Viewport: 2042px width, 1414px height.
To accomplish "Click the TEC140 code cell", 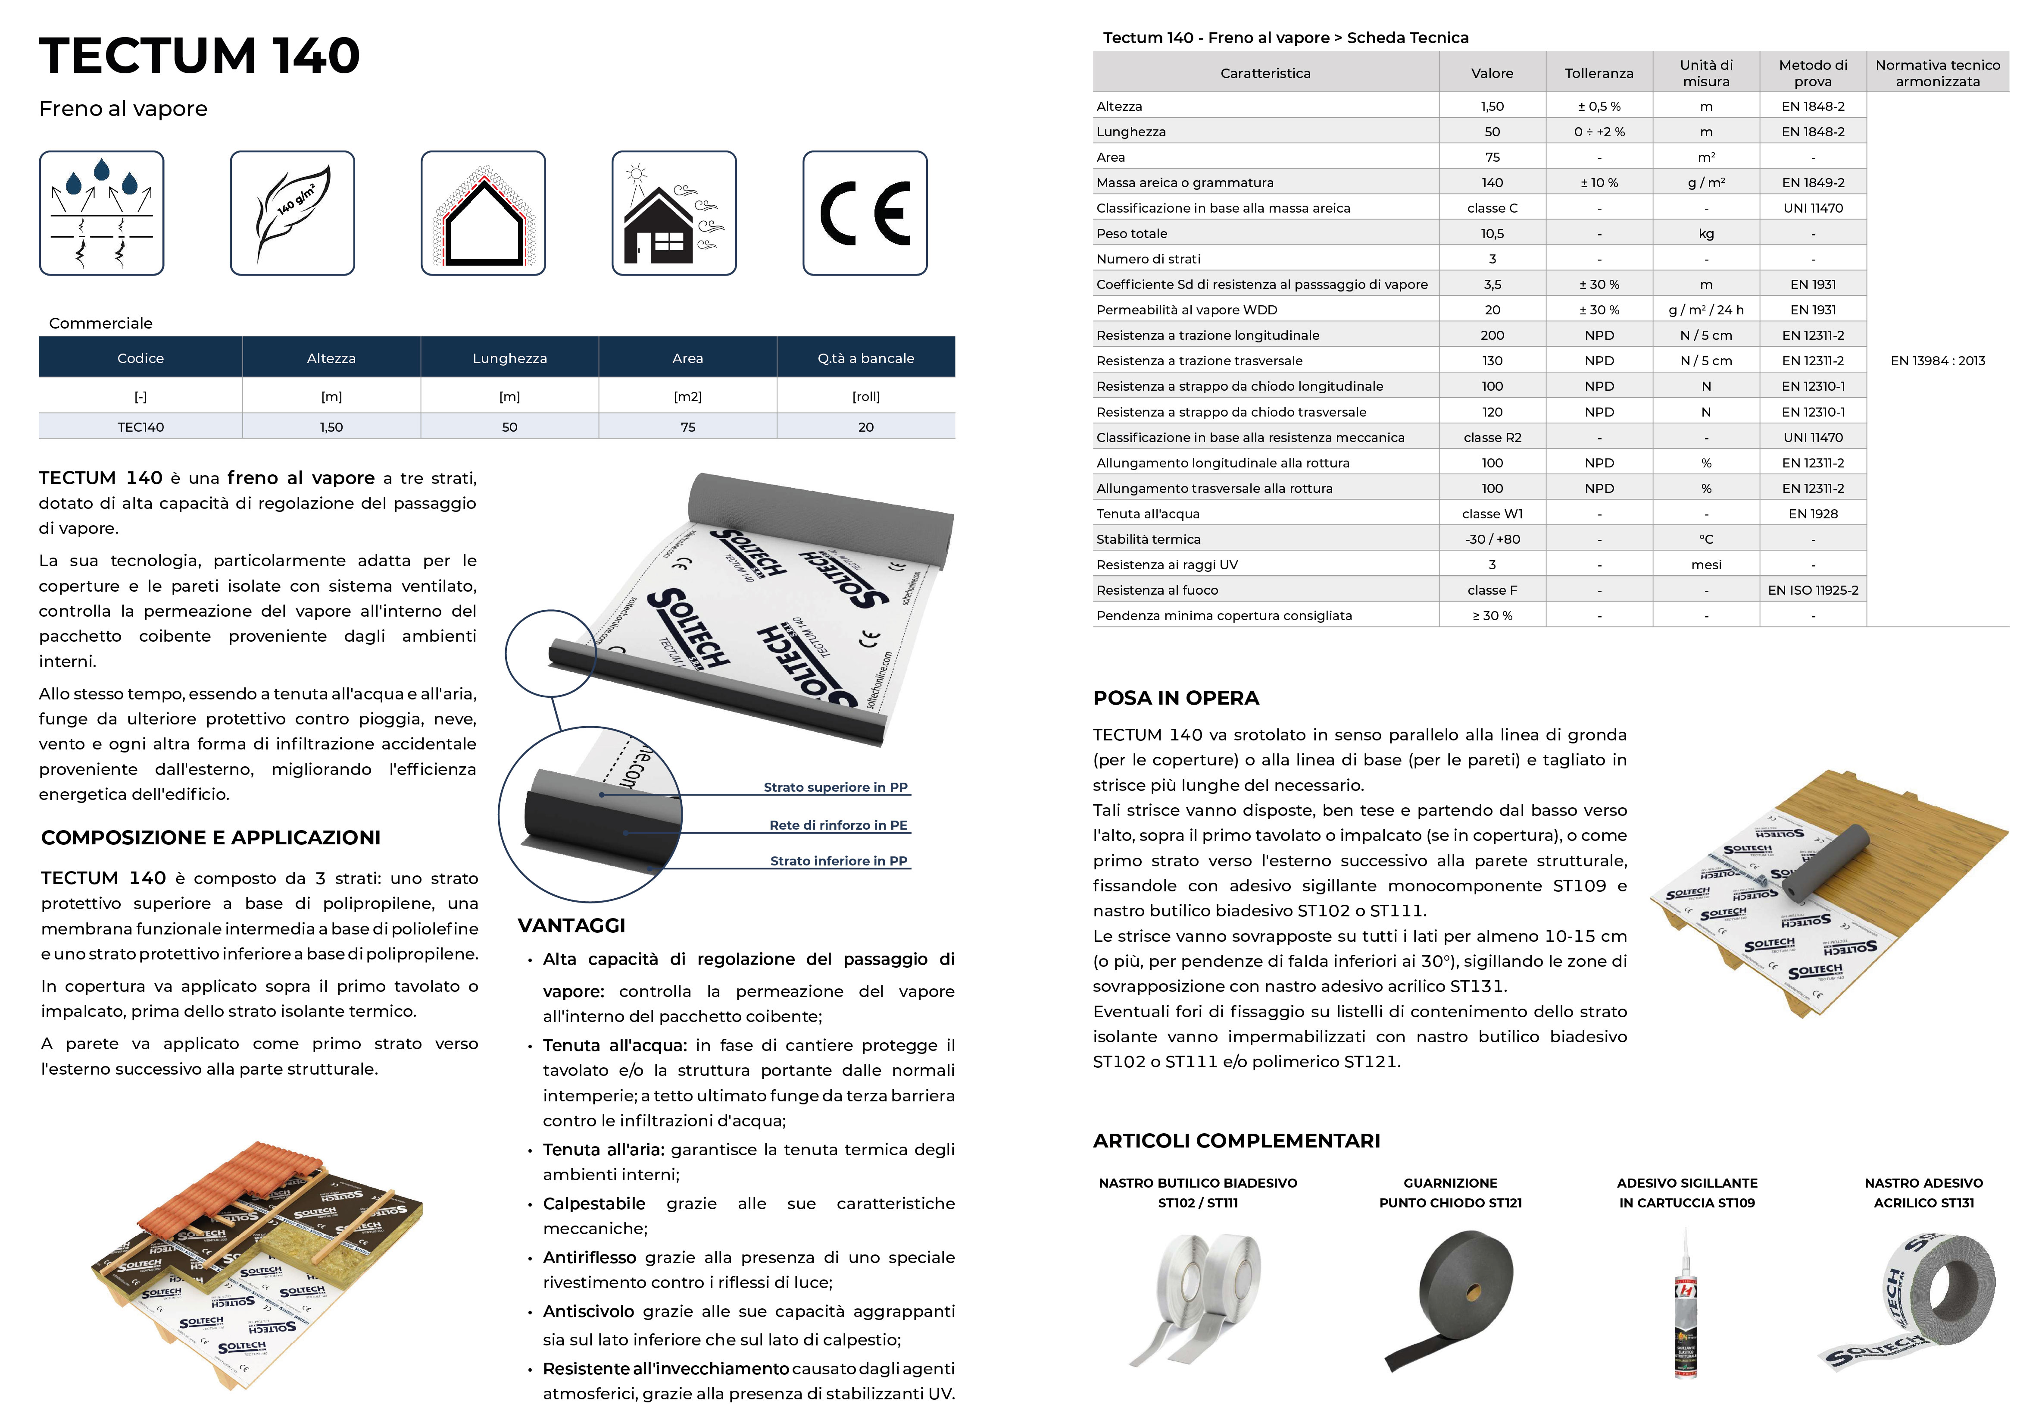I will (x=141, y=427).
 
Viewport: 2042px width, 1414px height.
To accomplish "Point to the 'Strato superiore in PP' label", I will (x=835, y=787).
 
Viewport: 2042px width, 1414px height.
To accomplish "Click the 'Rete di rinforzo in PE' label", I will (x=838, y=825).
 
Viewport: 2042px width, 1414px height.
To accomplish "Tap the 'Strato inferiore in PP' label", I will (x=838, y=860).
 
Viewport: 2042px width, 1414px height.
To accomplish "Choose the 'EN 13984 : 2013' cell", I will (x=1938, y=361).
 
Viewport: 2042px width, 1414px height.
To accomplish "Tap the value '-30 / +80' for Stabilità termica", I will (x=1492, y=539).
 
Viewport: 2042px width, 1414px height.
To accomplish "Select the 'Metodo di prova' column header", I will (x=1813, y=72).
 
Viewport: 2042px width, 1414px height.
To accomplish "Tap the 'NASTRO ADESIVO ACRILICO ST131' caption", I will (x=1923, y=1192).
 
